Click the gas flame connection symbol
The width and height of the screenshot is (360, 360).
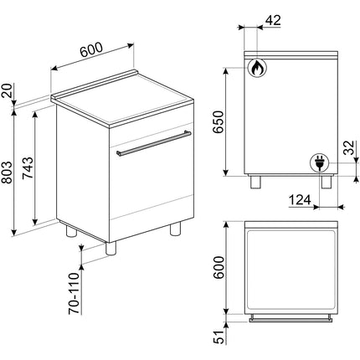click(x=257, y=68)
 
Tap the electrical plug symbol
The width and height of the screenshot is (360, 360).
click(x=319, y=162)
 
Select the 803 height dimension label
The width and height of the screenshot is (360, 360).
click(x=8, y=172)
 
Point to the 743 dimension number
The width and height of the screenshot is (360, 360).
click(x=28, y=168)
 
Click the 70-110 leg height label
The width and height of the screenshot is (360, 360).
click(x=74, y=293)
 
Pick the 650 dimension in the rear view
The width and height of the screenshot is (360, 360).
click(x=219, y=122)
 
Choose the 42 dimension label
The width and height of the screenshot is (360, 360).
click(x=273, y=20)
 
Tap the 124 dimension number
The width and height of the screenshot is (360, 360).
click(x=300, y=200)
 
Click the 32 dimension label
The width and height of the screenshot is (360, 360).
click(x=348, y=147)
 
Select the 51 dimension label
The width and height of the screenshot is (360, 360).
click(x=219, y=337)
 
